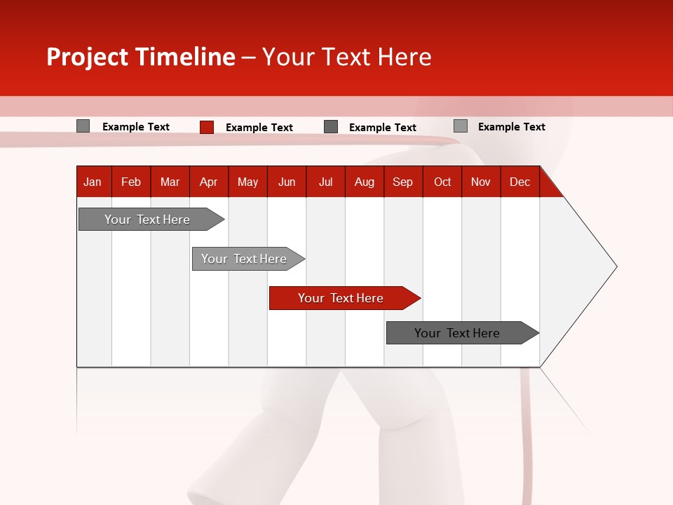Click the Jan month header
pyautogui.click(x=93, y=182)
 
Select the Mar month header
pyautogui.click(x=170, y=182)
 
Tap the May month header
pyautogui.click(x=247, y=182)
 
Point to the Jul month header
pyautogui.click(x=325, y=182)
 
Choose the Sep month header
pyautogui.click(x=402, y=182)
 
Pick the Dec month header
pyautogui.click(x=519, y=182)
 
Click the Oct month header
pyautogui.click(x=442, y=182)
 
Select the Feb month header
pyautogui.click(x=131, y=182)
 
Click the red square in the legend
pyautogui.click(x=207, y=127)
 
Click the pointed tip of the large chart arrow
pyautogui.click(x=616, y=267)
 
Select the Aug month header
pyautogui.click(x=364, y=182)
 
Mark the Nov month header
pyautogui.click(x=481, y=182)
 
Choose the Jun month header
pyautogui.click(x=287, y=182)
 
